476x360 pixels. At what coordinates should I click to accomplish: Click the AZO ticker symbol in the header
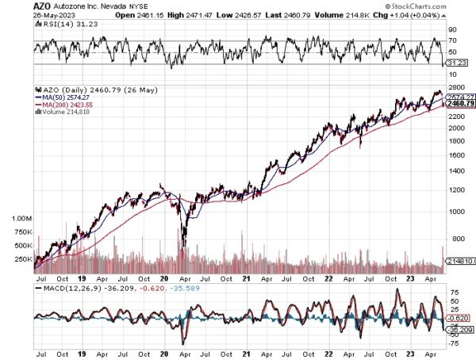pyautogui.click(x=43, y=5)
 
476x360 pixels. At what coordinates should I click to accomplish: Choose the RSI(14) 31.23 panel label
pyautogui.click(x=59, y=23)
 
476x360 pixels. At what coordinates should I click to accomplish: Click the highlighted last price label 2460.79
pyautogui.click(x=460, y=103)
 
